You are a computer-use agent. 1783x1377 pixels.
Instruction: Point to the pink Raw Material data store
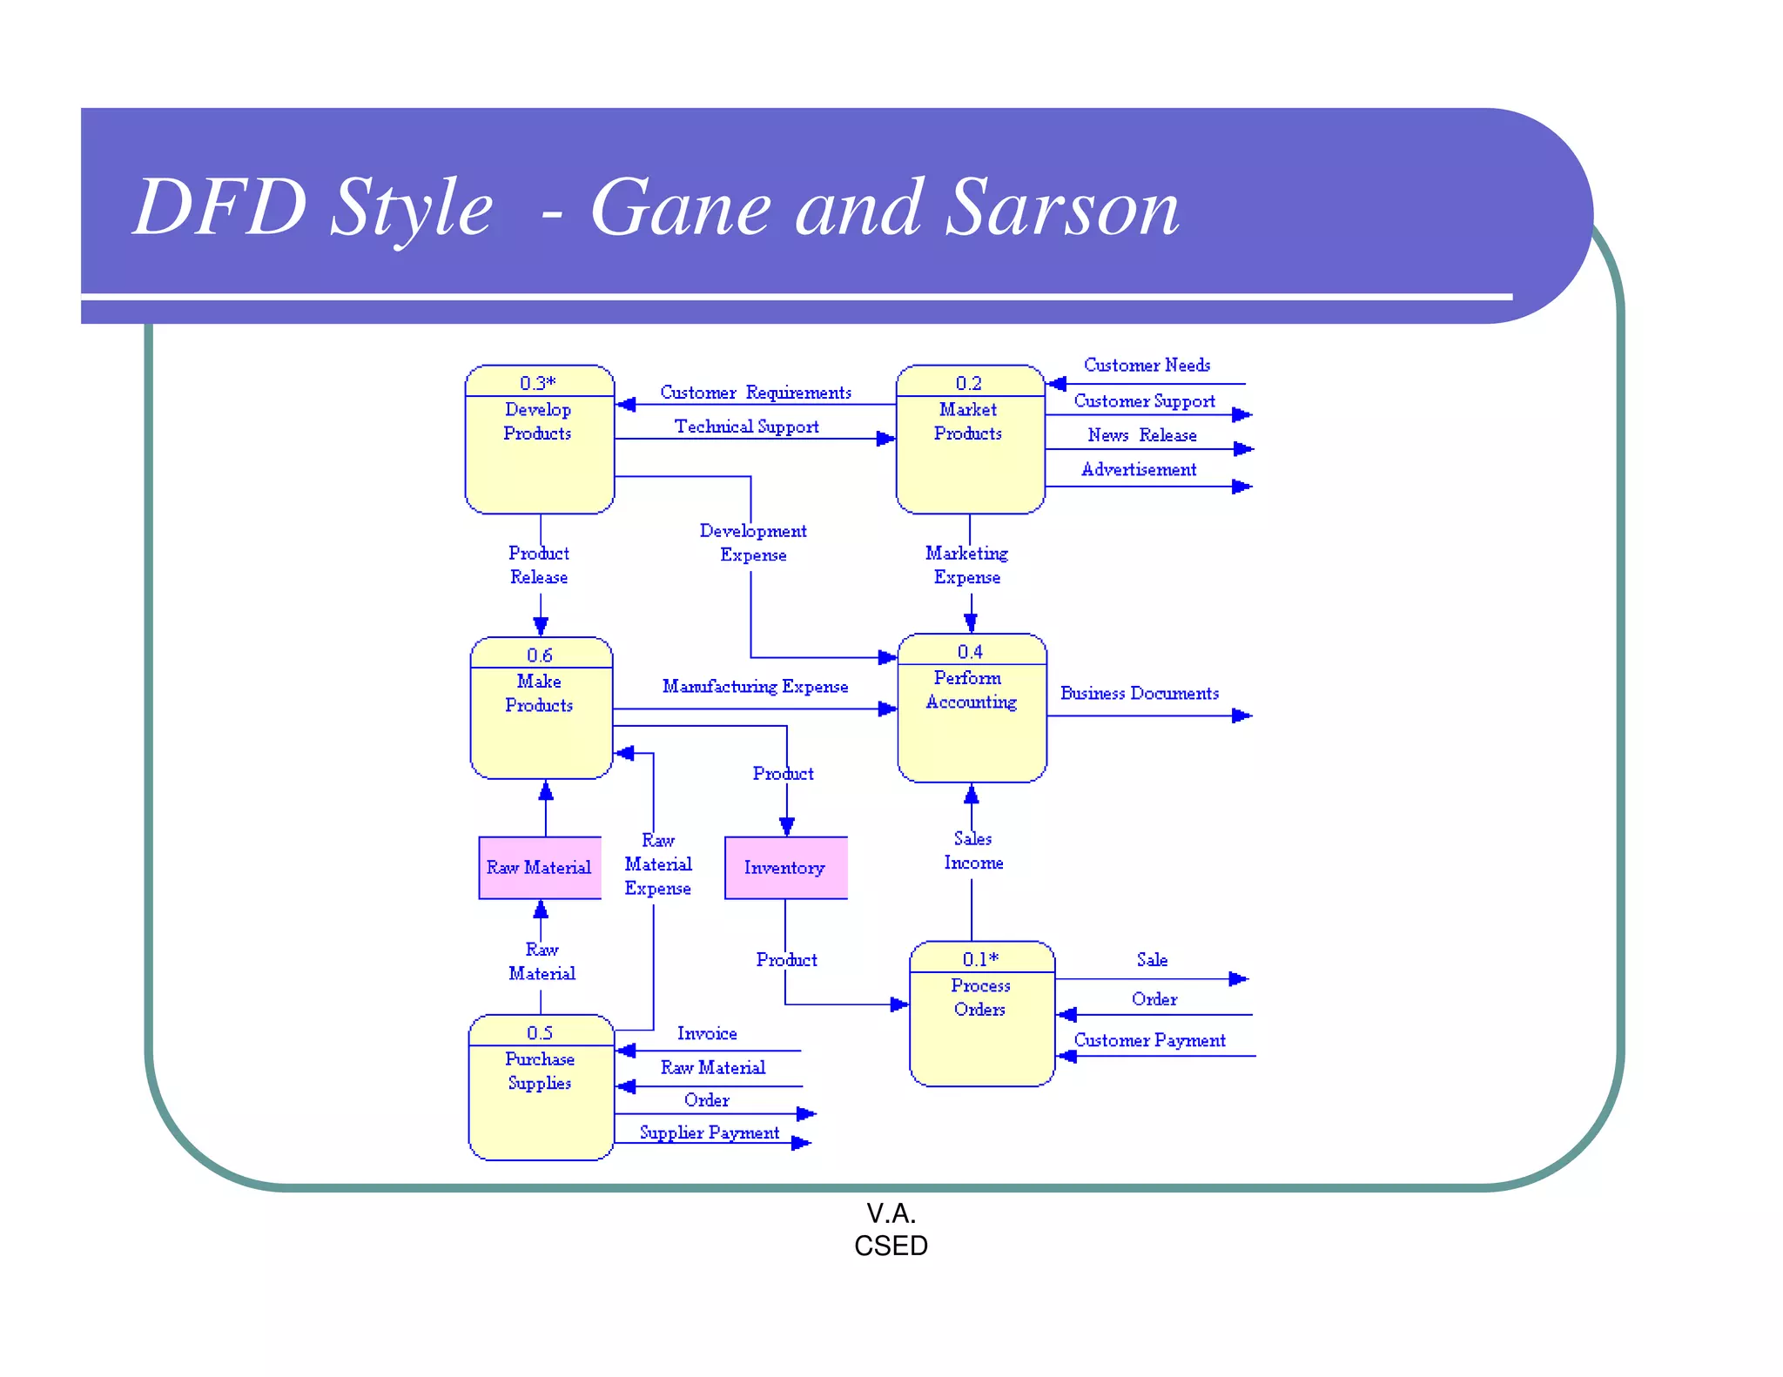(x=540, y=868)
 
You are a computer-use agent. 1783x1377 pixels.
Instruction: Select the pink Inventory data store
(x=785, y=868)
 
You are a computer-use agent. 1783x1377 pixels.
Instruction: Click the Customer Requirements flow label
(x=756, y=393)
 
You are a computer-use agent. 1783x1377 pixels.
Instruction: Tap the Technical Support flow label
(x=747, y=427)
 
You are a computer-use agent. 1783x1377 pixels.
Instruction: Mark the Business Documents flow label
(x=1139, y=694)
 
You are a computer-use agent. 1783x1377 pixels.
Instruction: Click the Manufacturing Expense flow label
(x=755, y=687)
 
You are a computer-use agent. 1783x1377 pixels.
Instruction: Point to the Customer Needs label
(x=1147, y=366)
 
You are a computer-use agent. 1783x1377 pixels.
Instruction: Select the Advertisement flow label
(x=1139, y=470)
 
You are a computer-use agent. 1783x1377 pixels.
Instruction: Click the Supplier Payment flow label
(x=710, y=1132)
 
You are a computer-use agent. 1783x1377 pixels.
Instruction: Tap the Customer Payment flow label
(x=1149, y=1040)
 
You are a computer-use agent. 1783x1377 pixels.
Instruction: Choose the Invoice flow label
(x=707, y=1033)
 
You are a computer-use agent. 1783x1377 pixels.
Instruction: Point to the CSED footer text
(x=891, y=1246)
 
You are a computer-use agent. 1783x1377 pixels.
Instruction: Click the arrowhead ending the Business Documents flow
(x=1242, y=715)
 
